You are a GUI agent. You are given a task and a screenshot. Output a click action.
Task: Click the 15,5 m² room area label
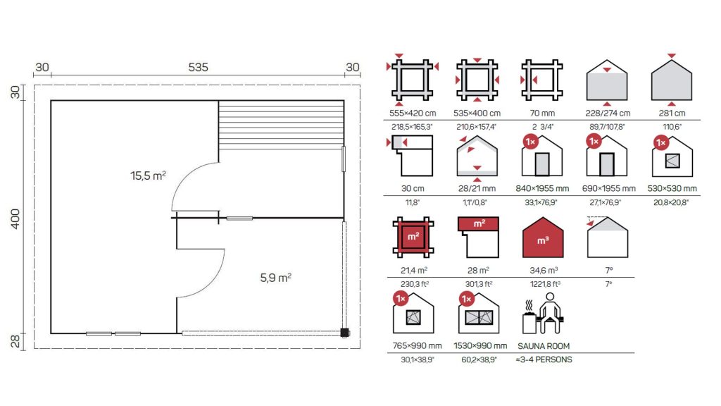pyautogui.click(x=148, y=176)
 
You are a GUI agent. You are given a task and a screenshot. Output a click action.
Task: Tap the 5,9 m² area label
pyautogui.click(x=276, y=278)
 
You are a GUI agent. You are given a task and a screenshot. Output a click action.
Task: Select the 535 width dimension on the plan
pyautogui.click(x=198, y=67)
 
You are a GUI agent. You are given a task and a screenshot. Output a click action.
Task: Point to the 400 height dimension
pyautogui.click(x=15, y=219)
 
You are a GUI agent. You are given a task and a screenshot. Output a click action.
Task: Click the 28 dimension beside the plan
pyautogui.click(x=15, y=341)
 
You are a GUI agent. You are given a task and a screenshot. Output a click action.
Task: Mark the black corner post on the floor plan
pyautogui.click(x=344, y=333)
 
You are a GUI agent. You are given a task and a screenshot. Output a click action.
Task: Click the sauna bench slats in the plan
pyautogui.click(x=281, y=125)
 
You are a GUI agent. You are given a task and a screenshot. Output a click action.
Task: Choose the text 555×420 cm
pyautogui.click(x=413, y=113)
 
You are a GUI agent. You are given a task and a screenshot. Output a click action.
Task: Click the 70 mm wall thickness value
pyautogui.click(x=542, y=113)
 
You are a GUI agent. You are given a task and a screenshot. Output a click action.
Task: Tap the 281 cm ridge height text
pyautogui.click(x=672, y=113)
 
